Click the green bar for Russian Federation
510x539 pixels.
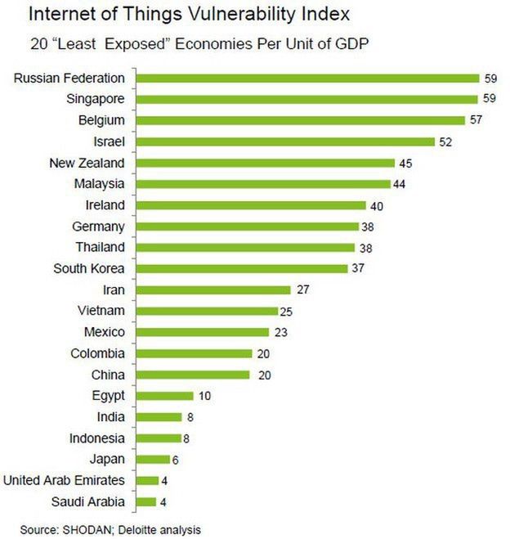306,79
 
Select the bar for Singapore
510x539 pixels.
306,100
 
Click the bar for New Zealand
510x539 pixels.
265,163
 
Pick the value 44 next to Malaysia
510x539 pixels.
399,184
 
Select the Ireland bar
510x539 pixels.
250,205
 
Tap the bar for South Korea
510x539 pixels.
241,268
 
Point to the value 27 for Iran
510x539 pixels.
302,290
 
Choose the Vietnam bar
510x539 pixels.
207,311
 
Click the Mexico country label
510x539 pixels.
105,332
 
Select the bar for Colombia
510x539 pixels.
193,353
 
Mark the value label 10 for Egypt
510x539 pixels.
204,396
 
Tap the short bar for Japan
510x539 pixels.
152,459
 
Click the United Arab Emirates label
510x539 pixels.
65,480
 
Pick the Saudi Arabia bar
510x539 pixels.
145,501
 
